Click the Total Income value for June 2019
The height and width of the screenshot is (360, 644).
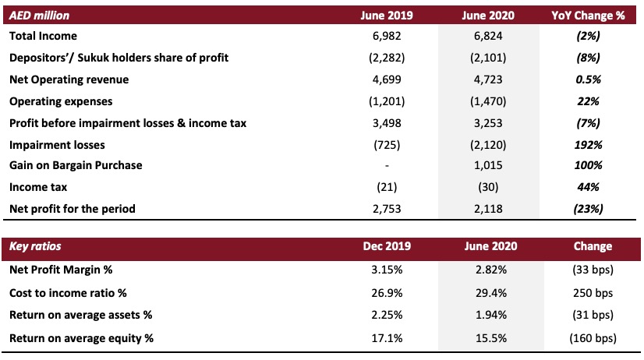click(387, 36)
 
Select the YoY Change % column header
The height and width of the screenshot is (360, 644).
click(588, 16)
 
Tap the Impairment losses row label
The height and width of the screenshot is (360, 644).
click(57, 145)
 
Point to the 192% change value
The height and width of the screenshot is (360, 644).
click(588, 145)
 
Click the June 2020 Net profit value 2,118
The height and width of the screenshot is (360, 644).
click(488, 209)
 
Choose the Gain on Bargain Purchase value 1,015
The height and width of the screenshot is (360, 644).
click(488, 165)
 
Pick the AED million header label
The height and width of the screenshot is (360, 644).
click(40, 16)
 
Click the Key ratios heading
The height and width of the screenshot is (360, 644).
click(35, 246)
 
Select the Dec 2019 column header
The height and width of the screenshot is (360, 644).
click(387, 246)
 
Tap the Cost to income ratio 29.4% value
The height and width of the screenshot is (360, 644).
click(491, 293)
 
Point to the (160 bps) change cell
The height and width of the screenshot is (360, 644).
click(593, 338)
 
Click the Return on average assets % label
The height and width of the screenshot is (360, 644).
click(80, 316)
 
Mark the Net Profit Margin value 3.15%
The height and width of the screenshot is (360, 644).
click(387, 270)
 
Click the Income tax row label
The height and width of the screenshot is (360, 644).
click(38, 187)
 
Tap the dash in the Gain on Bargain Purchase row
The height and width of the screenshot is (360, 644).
click(387, 166)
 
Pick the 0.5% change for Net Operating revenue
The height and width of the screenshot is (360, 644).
click(588, 79)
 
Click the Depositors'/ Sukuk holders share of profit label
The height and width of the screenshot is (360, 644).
click(119, 58)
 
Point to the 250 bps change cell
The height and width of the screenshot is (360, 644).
click(593, 293)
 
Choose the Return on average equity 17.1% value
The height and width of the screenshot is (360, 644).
click(387, 338)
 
